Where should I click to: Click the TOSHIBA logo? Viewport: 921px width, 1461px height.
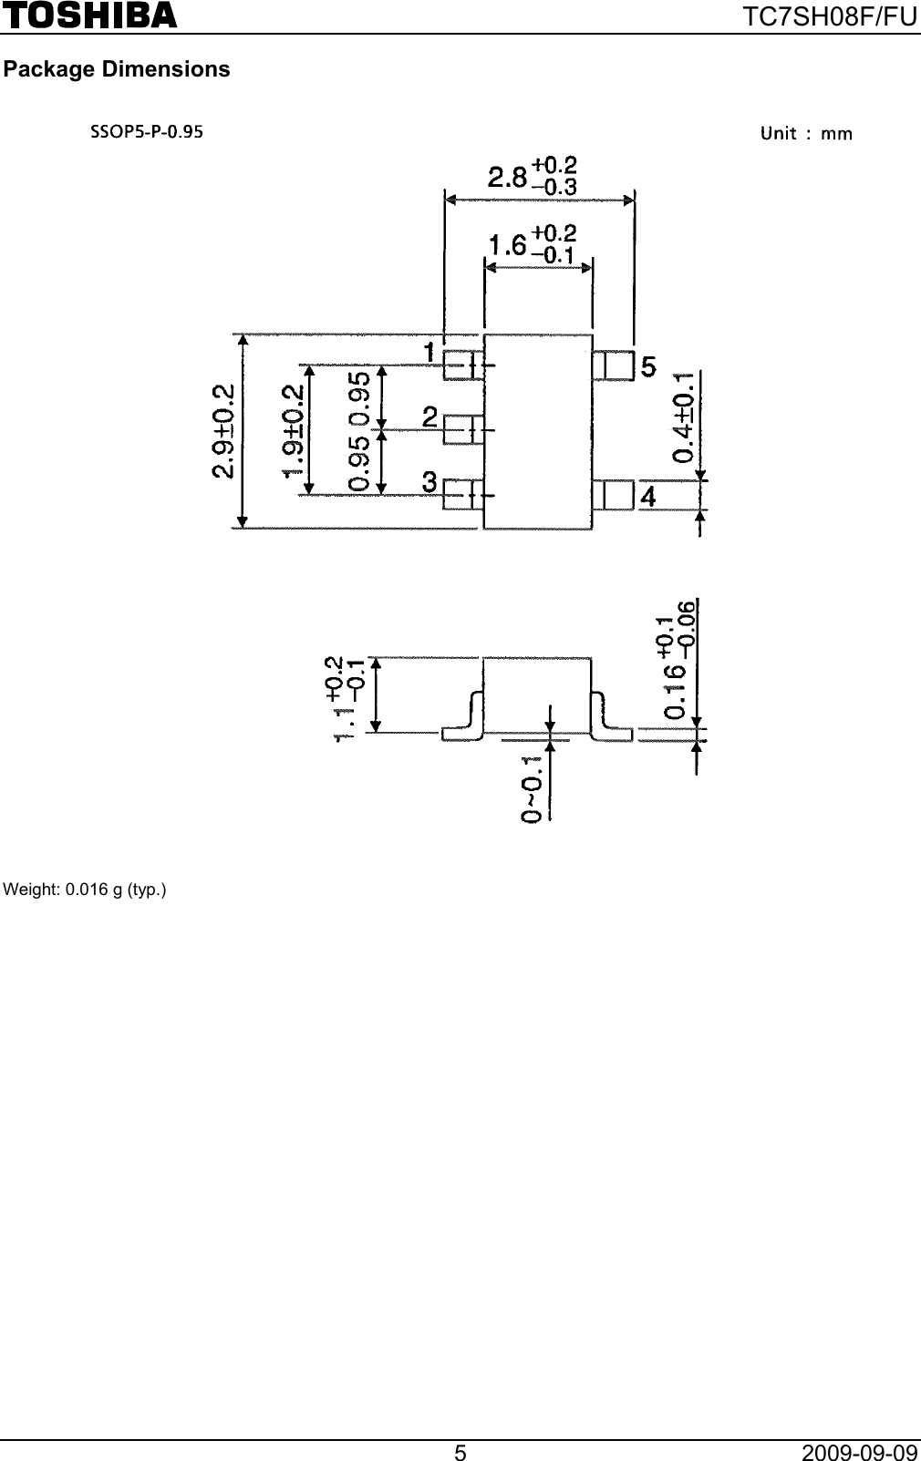pyautogui.click(x=88, y=15)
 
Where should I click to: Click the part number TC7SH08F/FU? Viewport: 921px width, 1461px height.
pyautogui.click(x=832, y=15)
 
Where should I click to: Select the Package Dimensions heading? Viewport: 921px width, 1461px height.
pyautogui.click(x=117, y=69)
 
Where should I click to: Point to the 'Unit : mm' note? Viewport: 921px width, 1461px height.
pyautogui.click(x=806, y=134)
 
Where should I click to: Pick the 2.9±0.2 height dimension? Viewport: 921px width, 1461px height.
pyautogui.click(x=222, y=430)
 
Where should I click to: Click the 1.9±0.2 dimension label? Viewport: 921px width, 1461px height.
pyautogui.click(x=293, y=430)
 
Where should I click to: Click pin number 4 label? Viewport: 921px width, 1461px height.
pyautogui.click(x=647, y=497)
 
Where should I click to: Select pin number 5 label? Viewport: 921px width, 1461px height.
pyautogui.click(x=647, y=367)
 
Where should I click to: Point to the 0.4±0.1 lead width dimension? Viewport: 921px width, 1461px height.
pyautogui.click(x=684, y=417)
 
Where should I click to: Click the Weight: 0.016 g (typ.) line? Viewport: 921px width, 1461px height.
pyautogui.click(x=86, y=889)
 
